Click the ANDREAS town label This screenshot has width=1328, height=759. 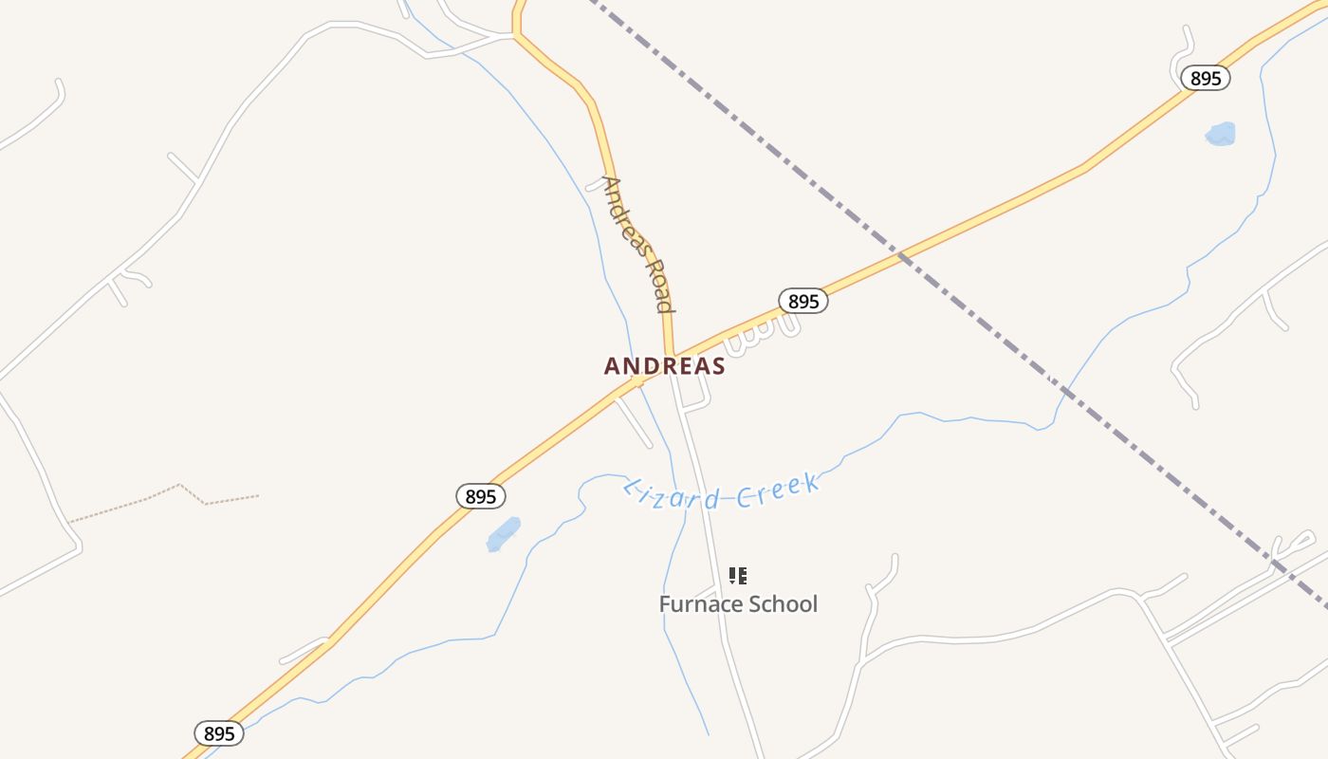coord(664,366)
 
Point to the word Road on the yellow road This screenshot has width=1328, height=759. coord(660,285)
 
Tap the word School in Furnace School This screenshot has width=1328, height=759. coord(781,604)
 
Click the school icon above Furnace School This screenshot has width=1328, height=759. coord(738,576)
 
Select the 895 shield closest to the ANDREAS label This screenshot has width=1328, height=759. coord(803,302)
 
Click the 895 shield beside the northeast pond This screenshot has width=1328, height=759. coord(1206,78)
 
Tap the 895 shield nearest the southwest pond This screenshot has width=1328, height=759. coord(481,496)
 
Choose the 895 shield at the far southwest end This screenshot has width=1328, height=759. coord(219,733)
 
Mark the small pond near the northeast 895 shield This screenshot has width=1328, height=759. coord(1221,134)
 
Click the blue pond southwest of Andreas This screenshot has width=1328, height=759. coord(504,534)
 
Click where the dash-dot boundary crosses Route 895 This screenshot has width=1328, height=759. coord(902,253)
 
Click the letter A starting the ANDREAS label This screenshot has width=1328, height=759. coord(612,366)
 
